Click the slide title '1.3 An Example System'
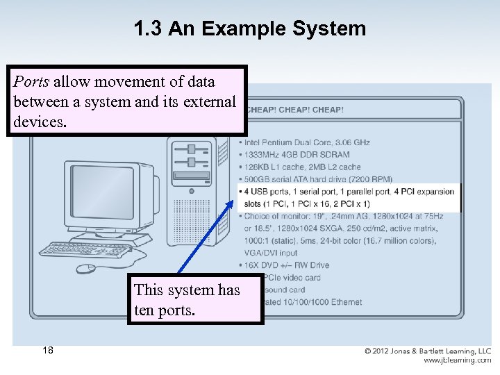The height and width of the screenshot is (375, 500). pyautogui.click(x=249, y=28)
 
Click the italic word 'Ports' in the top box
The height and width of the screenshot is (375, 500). pyautogui.click(x=31, y=81)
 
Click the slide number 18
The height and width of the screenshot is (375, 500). pyautogui.click(x=47, y=351)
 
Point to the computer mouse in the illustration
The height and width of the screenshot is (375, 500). pyautogui.click(x=87, y=268)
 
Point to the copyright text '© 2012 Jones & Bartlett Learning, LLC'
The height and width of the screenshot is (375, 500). pyautogui.click(x=428, y=351)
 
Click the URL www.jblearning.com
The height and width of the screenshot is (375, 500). pyautogui.click(x=458, y=360)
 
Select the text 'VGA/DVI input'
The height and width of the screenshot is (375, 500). pyautogui.click(x=270, y=253)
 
